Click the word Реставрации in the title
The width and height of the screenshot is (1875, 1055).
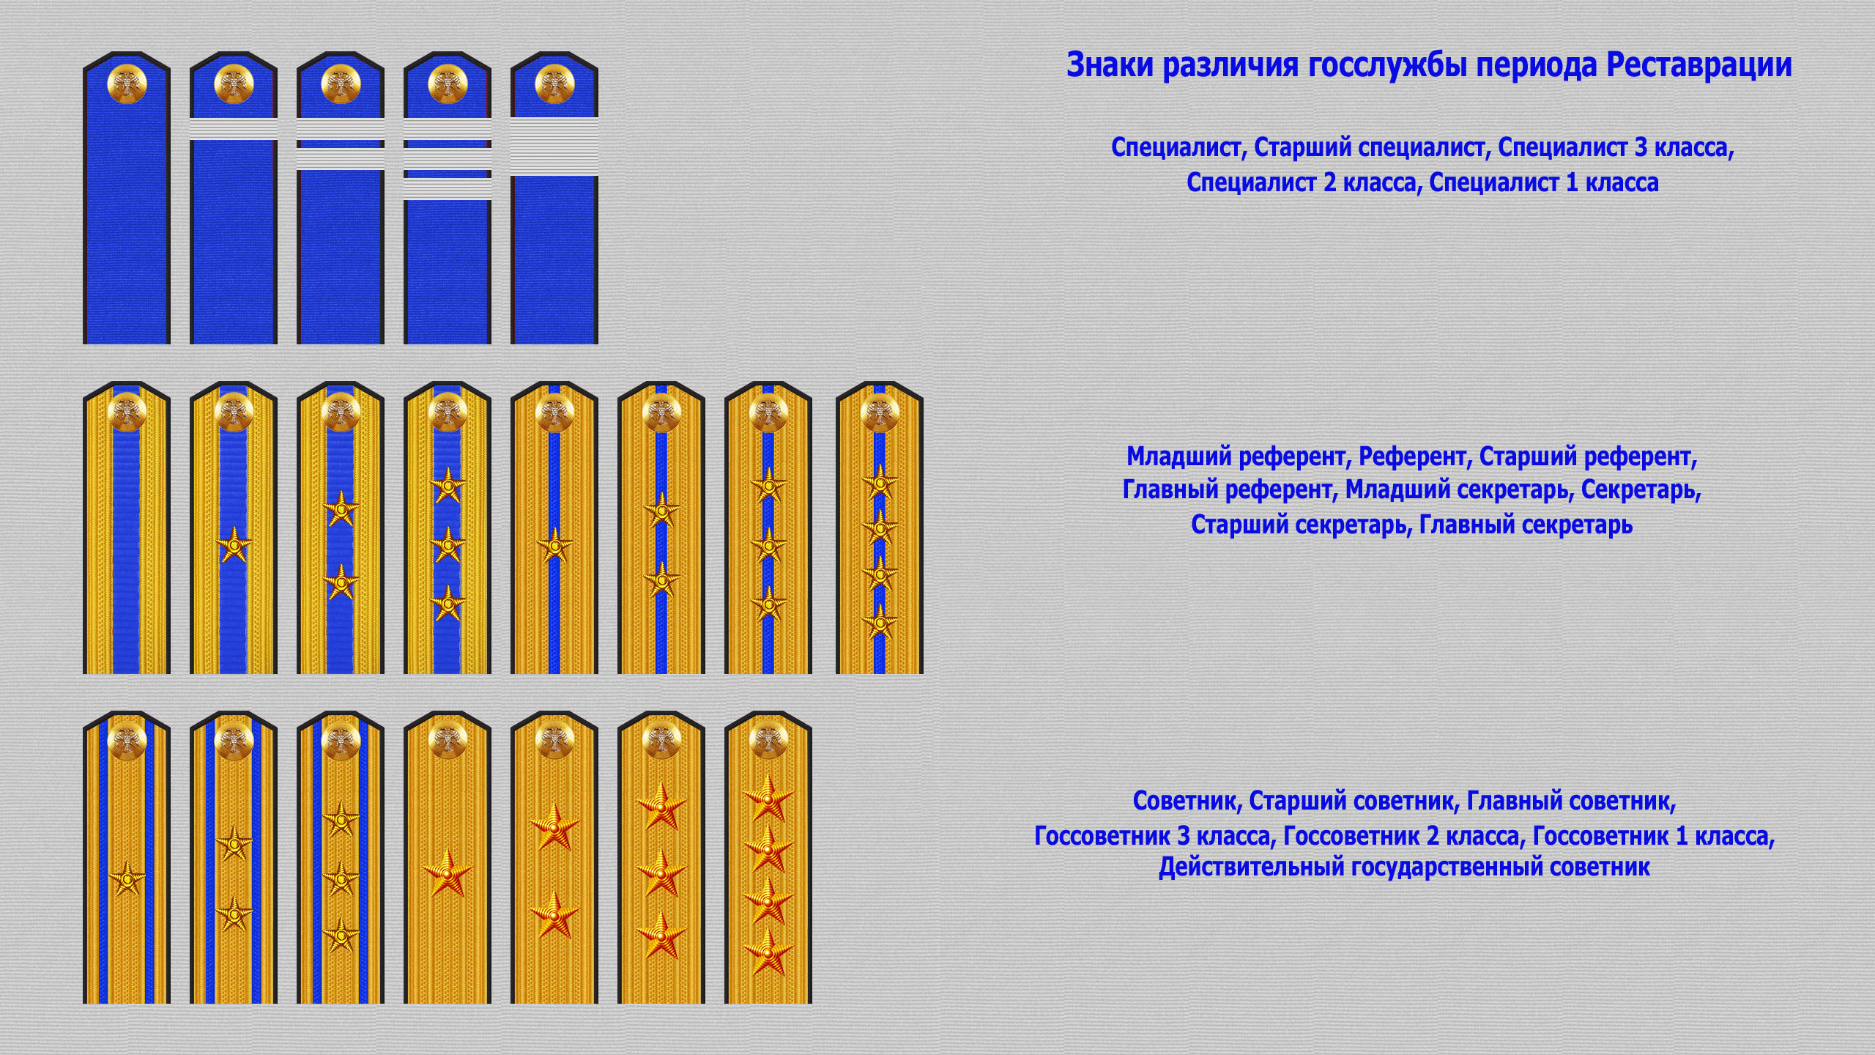pyautogui.click(x=1698, y=66)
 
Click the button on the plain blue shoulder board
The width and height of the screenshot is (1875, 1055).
pyautogui.click(x=127, y=84)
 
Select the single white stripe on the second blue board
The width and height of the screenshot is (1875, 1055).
pyautogui.click(x=234, y=129)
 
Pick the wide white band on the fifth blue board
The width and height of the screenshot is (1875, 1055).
pyautogui.click(x=554, y=147)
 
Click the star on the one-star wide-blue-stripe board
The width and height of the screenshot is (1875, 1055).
pyautogui.click(x=234, y=545)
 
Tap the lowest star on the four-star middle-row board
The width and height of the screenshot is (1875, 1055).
pyautogui.click(x=880, y=621)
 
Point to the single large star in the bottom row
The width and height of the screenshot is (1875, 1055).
pyautogui.click(x=448, y=873)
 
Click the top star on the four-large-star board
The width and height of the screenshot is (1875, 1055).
pyautogui.click(x=768, y=798)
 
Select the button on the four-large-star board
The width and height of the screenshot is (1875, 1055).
pyautogui.click(x=768, y=742)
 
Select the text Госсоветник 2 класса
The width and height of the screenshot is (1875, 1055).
pyautogui.click(x=1402, y=836)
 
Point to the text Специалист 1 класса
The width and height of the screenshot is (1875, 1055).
pyautogui.click(x=1544, y=182)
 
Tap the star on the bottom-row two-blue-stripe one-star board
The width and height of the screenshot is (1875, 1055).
pyautogui.click(x=127, y=878)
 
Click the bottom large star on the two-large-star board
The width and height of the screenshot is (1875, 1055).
pyautogui.click(x=554, y=915)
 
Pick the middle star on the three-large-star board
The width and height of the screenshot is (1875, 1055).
pyautogui.click(x=661, y=872)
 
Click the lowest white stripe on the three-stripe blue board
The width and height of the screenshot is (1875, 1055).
pyautogui.click(x=448, y=188)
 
